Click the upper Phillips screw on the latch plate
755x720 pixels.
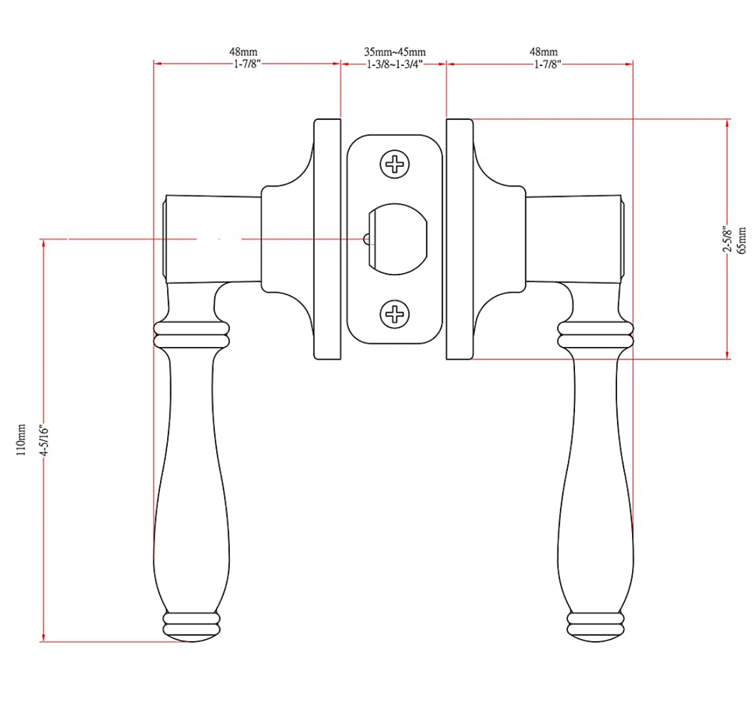[394, 164]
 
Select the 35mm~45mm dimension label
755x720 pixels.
[394, 52]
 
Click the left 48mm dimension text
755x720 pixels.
[243, 52]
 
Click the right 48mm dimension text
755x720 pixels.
[543, 52]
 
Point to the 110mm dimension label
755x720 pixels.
[21, 440]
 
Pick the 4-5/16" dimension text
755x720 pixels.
[45, 440]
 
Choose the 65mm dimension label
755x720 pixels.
[742, 240]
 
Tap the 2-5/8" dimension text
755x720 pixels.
[728, 240]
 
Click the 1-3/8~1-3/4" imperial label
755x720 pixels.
[394, 64]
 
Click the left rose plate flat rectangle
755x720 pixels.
[327, 238]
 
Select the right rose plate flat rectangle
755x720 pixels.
[460, 238]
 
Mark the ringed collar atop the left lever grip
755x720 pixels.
[192, 335]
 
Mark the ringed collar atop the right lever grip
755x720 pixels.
[595, 335]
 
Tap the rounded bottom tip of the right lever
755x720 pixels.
[599, 636]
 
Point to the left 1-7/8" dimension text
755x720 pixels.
[247, 64]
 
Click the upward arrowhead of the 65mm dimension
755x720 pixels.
[728, 123]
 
